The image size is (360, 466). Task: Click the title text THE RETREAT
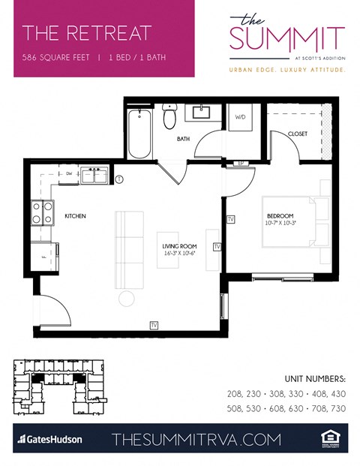[86, 33]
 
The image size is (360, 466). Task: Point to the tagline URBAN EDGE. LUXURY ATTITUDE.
[287, 69]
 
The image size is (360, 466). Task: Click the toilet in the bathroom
[170, 119]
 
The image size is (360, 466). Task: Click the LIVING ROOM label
[179, 246]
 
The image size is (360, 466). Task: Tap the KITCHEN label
[75, 216]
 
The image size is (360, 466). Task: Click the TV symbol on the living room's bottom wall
[154, 325]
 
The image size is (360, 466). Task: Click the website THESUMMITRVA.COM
[196, 439]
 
